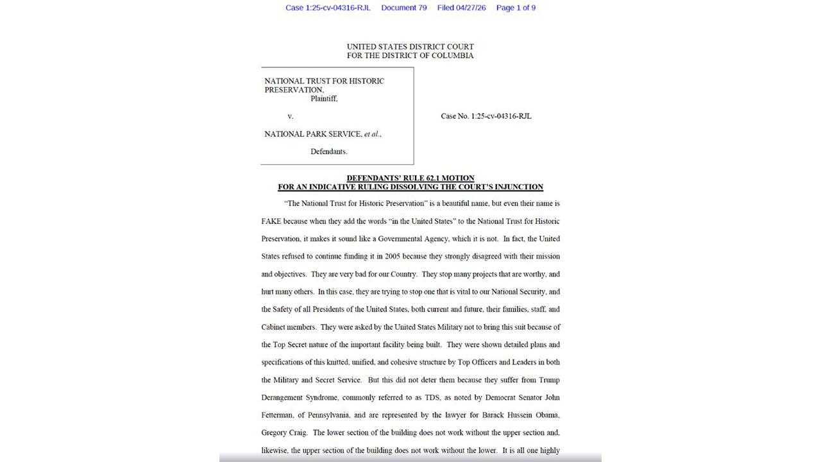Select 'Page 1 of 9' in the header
tap(516, 8)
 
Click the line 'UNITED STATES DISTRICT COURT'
tap(410, 47)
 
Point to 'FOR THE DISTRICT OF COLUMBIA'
tap(410, 56)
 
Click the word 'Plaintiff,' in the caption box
tap(324, 99)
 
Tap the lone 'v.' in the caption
tap(290, 116)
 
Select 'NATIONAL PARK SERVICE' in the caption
tap(313, 134)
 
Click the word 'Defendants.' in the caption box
tap(328, 151)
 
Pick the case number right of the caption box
tap(486, 116)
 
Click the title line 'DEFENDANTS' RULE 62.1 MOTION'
tap(410, 178)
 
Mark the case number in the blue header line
tap(328, 8)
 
